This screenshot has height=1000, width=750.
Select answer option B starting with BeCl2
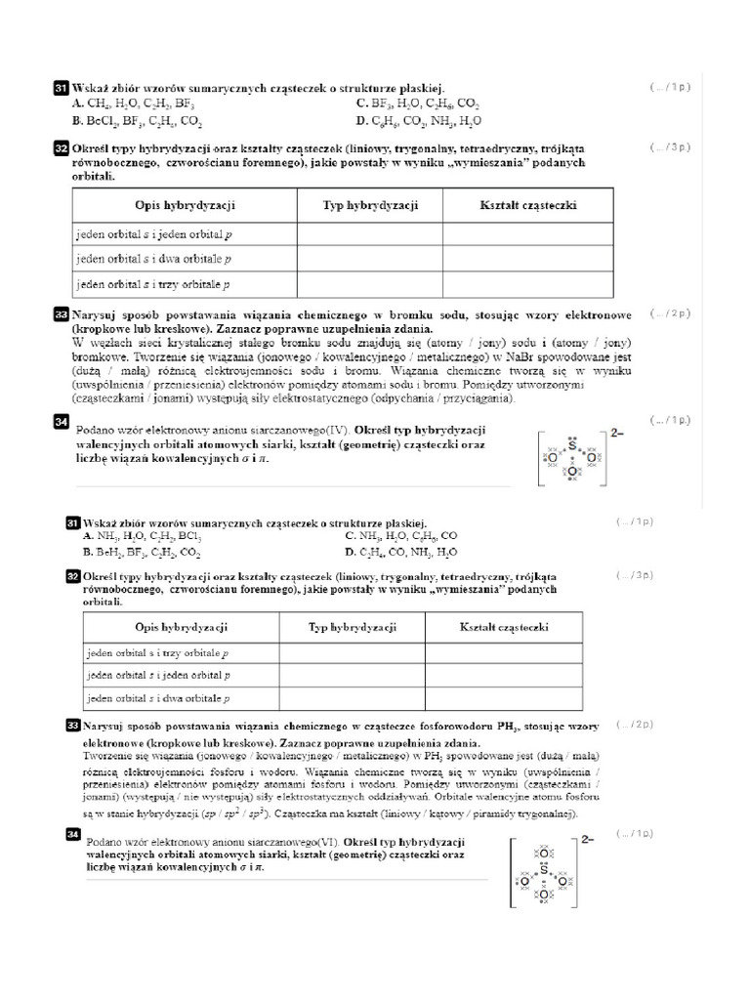pyautogui.click(x=137, y=121)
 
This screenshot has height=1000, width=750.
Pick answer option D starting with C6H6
pyautogui.click(x=419, y=121)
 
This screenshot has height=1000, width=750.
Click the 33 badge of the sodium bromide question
pyautogui.click(x=60, y=316)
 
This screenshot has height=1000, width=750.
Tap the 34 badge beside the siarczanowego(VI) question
pyautogui.click(x=71, y=833)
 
